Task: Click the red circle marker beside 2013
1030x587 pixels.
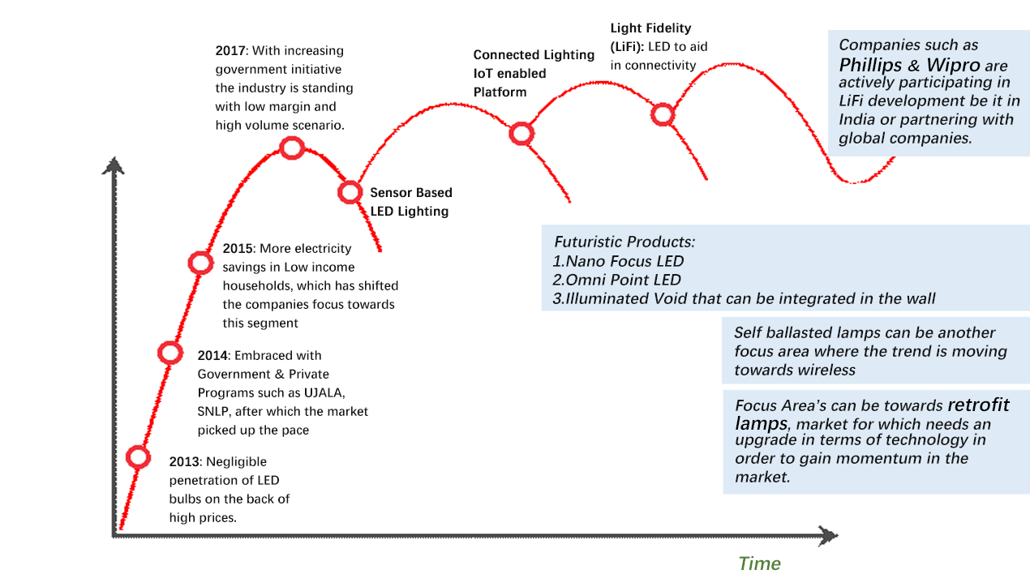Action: [139, 457]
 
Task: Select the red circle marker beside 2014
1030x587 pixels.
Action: [170, 352]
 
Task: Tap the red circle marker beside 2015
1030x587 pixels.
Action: [200, 262]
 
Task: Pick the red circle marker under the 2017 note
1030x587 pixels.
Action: [291, 148]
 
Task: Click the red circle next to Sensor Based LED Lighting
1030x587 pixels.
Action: [350, 192]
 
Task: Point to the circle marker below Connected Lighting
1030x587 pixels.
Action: [521, 134]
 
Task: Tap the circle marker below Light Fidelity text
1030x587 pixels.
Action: [663, 114]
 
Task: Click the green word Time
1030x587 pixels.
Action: [759, 563]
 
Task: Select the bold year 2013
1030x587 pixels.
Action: [183, 462]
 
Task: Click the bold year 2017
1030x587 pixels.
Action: [230, 50]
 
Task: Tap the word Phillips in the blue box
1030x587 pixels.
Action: [870, 65]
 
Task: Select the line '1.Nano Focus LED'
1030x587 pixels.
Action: [617, 261]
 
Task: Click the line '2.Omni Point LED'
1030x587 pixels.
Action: [616, 280]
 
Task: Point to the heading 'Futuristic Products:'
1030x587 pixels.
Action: [624, 242]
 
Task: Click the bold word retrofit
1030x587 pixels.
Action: [979, 405]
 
